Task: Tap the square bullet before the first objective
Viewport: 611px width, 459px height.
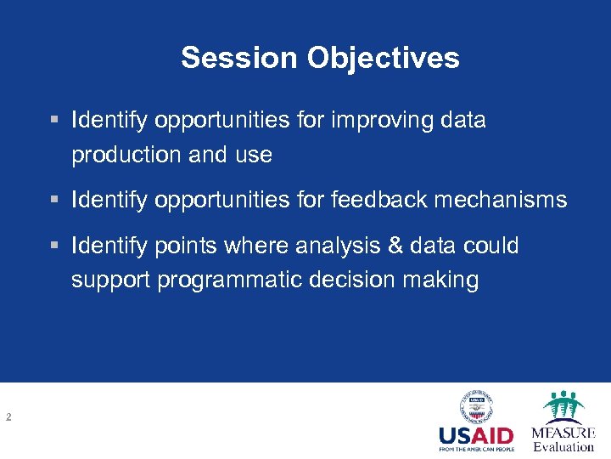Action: [54, 121]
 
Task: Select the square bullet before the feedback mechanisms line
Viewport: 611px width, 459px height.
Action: [54, 201]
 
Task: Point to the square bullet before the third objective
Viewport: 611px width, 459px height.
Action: [54, 246]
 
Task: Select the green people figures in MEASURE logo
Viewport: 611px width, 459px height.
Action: [563, 405]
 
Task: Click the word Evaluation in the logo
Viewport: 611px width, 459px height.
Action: [563, 447]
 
